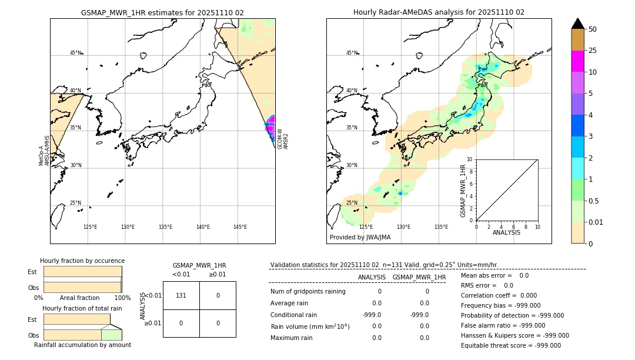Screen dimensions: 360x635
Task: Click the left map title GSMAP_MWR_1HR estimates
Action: (x=162, y=12)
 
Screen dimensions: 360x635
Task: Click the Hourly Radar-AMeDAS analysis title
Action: (x=439, y=12)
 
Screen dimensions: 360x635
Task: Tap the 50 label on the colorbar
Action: (x=593, y=29)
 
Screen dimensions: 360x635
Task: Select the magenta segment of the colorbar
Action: (x=577, y=61)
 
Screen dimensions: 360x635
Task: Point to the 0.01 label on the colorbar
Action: (x=596, y=222)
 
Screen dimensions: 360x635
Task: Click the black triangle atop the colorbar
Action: (x=577, y=24)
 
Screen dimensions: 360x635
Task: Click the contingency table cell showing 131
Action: (x=181, y=295)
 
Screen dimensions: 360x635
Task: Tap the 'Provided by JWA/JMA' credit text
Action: (x=360, y=237)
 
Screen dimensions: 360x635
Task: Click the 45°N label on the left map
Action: (x=75, y=53)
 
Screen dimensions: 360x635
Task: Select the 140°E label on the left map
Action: (x=203, y=227)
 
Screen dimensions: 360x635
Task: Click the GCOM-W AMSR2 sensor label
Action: (x=283, y=139)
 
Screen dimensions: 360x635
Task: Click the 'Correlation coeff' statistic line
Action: (x=499, y=296)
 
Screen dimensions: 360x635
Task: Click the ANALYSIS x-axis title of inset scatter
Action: (x=506, y=232)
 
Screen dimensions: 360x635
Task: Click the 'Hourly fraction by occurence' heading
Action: (x=82, y=261)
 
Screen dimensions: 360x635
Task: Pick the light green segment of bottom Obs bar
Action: (x=111, y=335)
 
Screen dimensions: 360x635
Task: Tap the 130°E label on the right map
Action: (x=403, y=227)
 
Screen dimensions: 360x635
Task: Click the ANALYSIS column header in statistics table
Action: (x=372, y=277)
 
